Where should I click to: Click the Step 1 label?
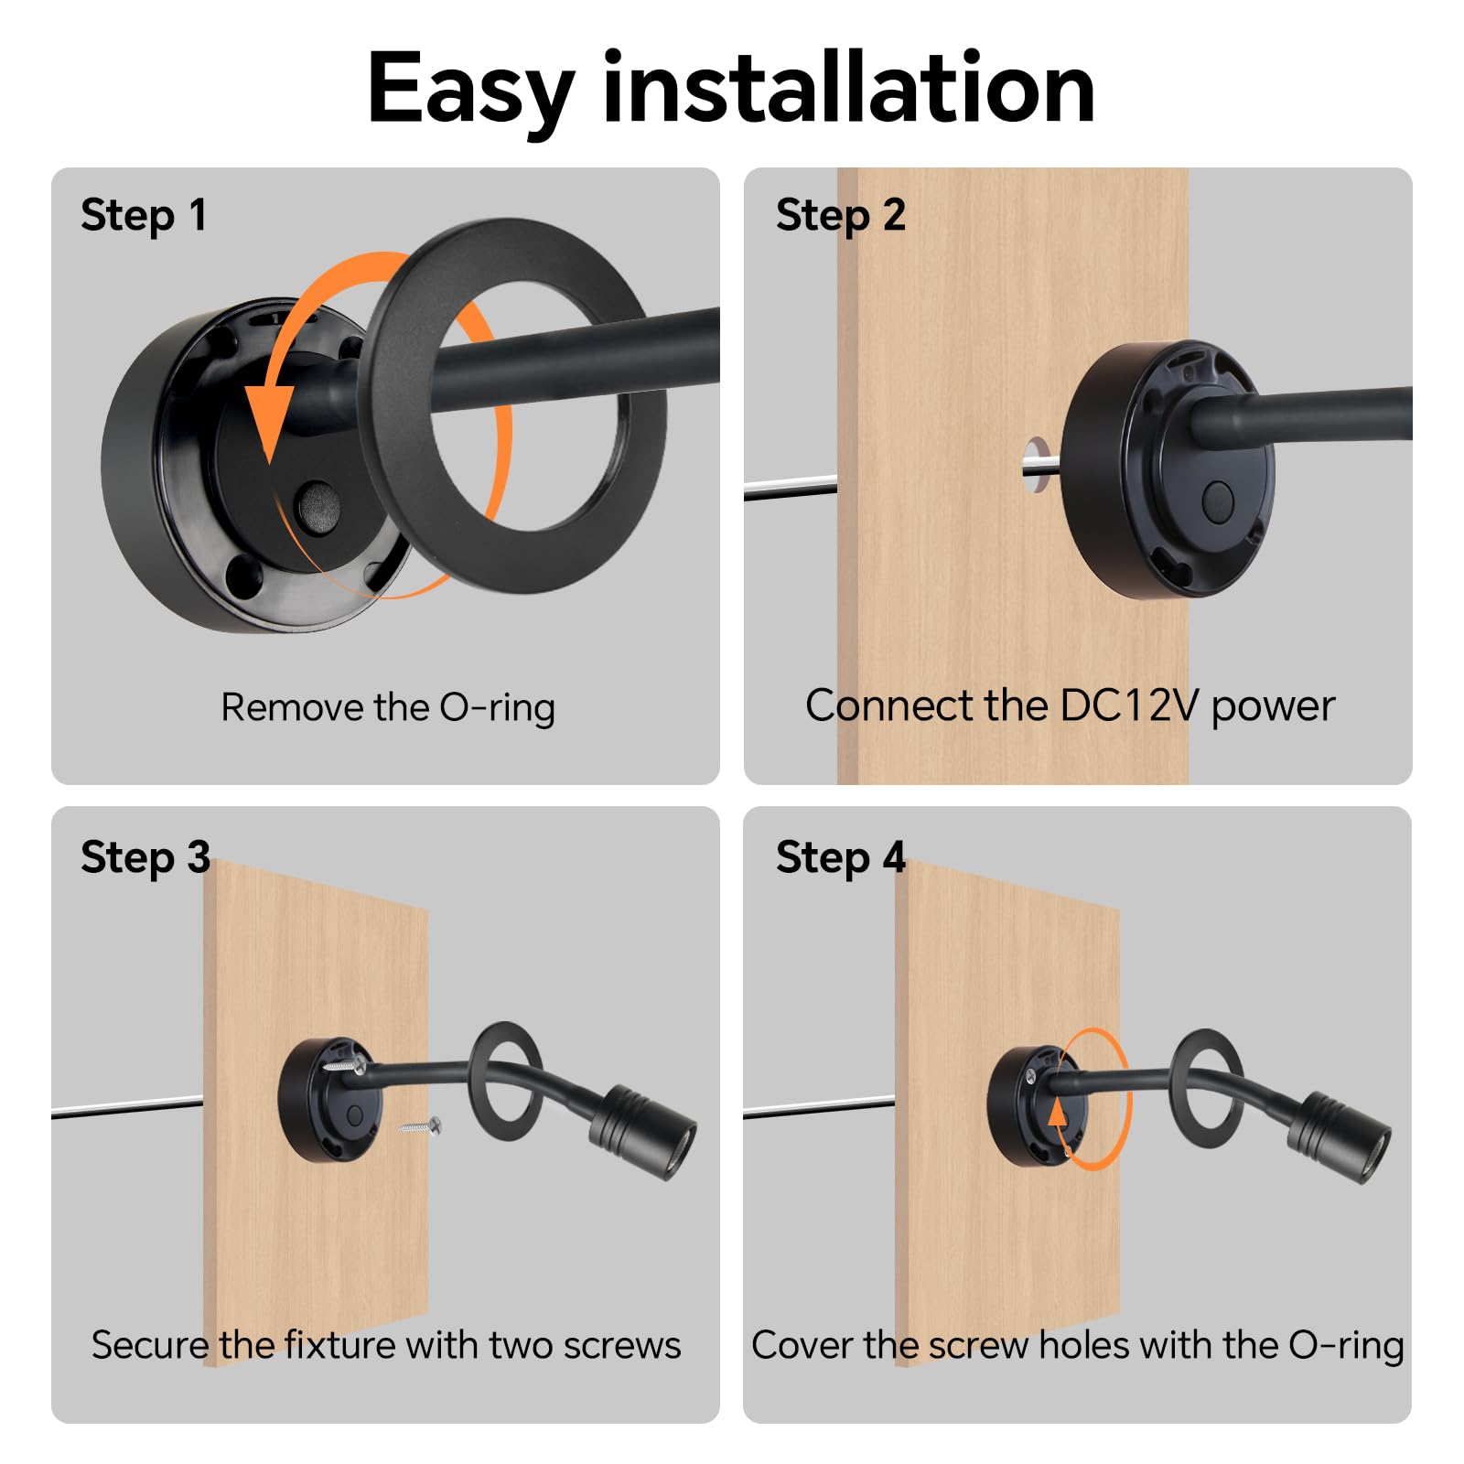[x=144, y=216]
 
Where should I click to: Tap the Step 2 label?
[x=840, y=216]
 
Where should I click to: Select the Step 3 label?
[x=145, y=858]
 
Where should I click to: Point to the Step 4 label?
[x=840, y=858]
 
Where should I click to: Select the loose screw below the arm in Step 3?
[x=422, y=1126]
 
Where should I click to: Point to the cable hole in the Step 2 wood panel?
[x=1037, y=465]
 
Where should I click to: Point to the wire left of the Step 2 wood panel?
[x=791, y=489]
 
